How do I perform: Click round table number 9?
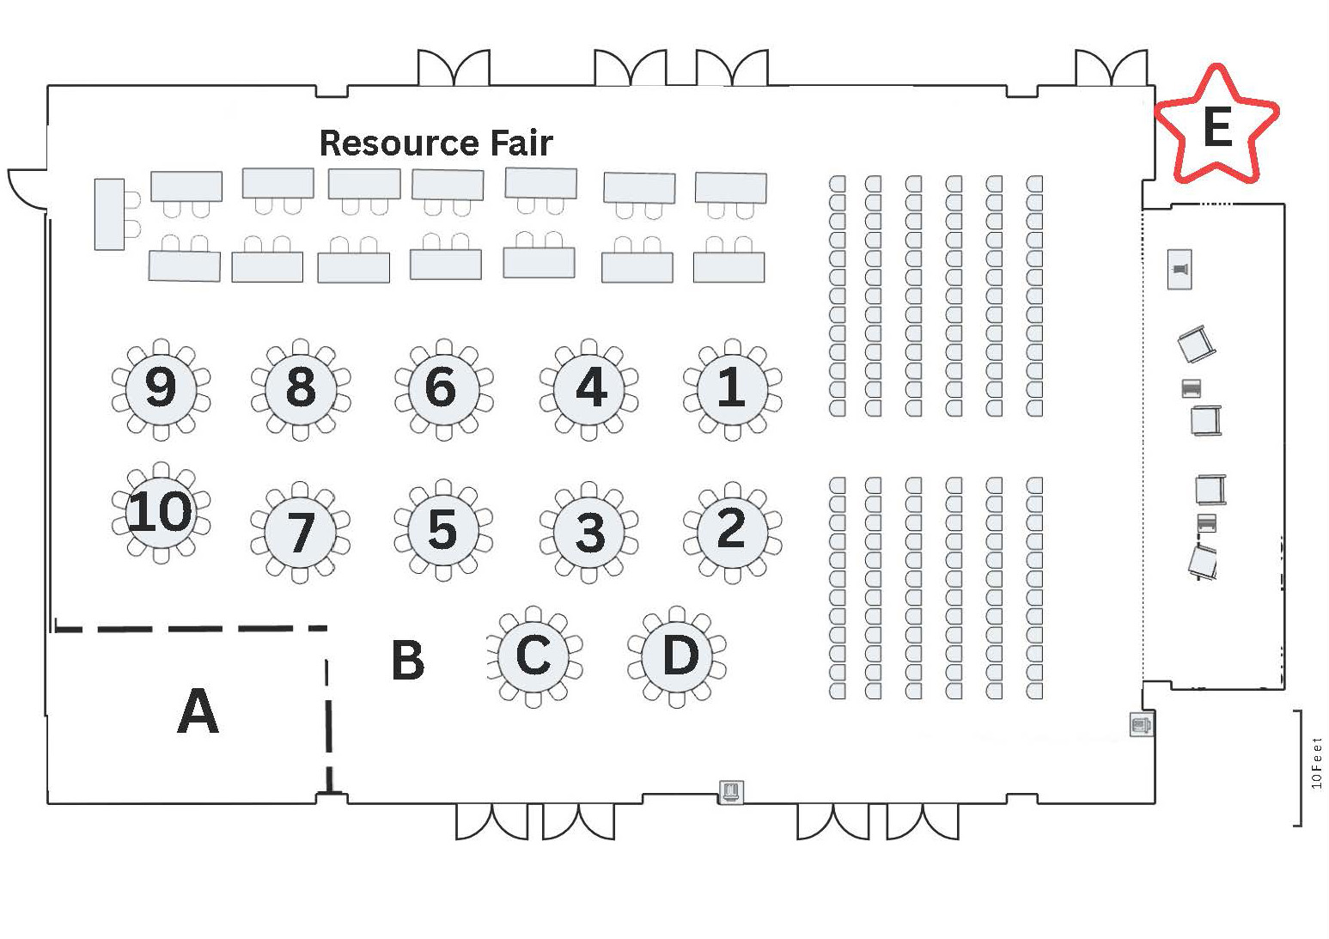pos(161,388)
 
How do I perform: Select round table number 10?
pos(161,512)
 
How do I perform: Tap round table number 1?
pos(732,388)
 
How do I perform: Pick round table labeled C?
pos(533,656)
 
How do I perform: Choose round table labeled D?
pos(678,656)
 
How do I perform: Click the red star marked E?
pos(1217,125)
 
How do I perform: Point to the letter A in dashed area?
pos(198,712)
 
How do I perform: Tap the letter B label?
pos(407,661)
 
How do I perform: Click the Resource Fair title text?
pos(436,143)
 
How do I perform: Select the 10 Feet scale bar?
pos(1299,767)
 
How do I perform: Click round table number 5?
pos(443,530)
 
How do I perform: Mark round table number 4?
pos(589,388)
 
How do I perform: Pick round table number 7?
pos(300,533)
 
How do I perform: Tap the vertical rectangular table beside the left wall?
pos(109,214)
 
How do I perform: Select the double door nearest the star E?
pos(1111,69)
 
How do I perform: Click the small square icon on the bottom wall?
pos(730,790)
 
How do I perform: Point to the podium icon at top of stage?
pos(1180,270)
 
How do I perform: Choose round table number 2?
pos(732,530)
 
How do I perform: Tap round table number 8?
pos(300,388)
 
